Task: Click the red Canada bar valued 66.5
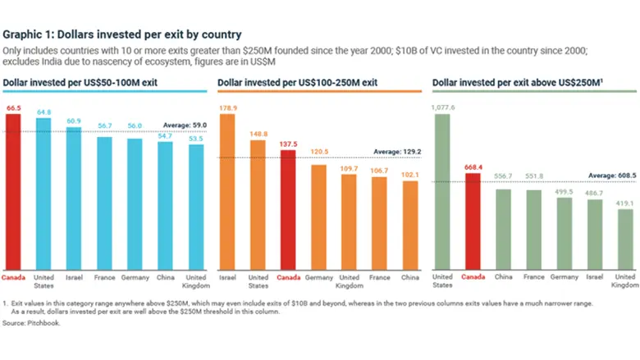pos(13,192)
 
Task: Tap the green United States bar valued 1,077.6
pos(442,192)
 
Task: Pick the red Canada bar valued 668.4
pos(473,221)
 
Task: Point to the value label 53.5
pos(195,139)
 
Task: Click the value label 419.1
pos(625,202)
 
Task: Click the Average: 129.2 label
pos(397,152)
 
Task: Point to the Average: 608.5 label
pos(611,175)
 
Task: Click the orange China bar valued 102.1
pos(410,226)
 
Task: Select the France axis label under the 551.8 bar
pos(533,277)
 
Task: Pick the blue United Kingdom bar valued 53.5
pos(195,207)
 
